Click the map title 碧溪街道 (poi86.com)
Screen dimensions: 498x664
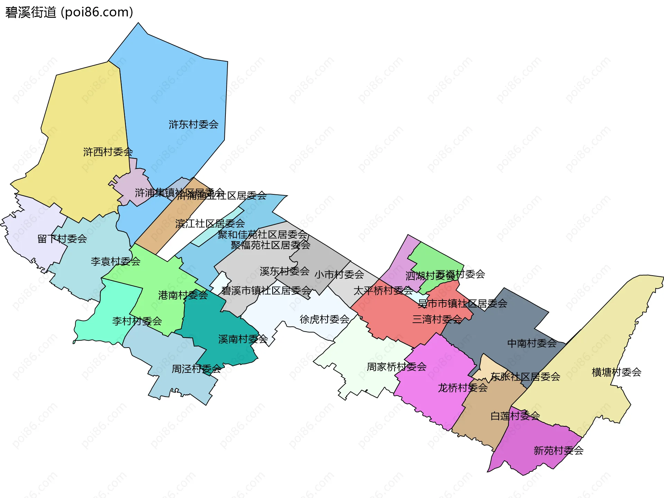click(x=69, y=12)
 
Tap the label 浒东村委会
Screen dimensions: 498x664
click(x=193, y=124)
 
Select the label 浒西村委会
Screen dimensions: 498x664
click(x=108, y=152)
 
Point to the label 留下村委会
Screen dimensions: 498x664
click(x=62, y=239)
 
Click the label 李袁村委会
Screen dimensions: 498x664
click(x=116, y=261)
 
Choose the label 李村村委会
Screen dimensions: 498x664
click(x=137, y=321)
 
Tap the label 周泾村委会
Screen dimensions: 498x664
click(x=196, y=369)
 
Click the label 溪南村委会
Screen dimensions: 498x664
click(x=243, y=339)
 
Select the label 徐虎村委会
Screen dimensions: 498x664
click(x=324, y=319)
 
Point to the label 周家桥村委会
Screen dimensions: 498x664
click(x=396, y=367)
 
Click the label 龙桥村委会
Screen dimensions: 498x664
click(x=463, y=388)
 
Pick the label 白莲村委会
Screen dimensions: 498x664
click(x=515, y=416)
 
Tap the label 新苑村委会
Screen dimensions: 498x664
click(x=559, y=451)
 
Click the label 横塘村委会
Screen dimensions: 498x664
click(x=617, y=372)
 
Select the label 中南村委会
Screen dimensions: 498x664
click(x=532, y=343)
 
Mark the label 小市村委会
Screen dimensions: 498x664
click(x=339, y=275)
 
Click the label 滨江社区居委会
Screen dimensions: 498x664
click(x=210, y=224)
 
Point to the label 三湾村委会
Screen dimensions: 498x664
click(x=437, y=319)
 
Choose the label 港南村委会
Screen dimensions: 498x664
click(x=183, y=295)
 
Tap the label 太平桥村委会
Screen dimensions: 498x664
click(x=383, y=290)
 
